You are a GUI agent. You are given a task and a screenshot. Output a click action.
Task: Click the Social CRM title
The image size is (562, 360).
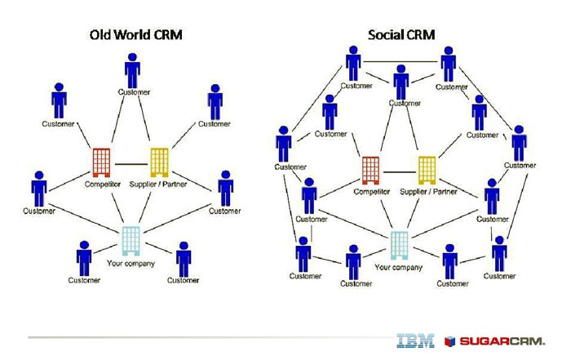pyautogui.click(x=400, y=35)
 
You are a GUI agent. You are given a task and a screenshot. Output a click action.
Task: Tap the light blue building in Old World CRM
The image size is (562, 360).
pyautogui.click(x=131, y=241)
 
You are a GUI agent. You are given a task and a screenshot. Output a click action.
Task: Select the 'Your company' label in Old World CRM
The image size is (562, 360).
pyautogui.click(x=131, y=263)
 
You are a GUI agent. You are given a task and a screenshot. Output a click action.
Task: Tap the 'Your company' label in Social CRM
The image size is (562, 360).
pyautogui.click(x=398, y=267)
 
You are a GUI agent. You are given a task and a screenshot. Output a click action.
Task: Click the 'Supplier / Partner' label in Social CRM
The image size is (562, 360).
pyautogui.click(x=427, y=192)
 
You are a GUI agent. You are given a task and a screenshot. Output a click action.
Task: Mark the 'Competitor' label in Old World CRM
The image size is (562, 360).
pyautogui.click(x=102, y=184)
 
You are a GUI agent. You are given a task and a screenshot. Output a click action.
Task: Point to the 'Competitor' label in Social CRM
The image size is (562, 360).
pyautogui.click(x=372, y=192)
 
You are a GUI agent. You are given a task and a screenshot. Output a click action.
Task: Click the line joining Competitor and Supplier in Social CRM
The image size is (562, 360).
pyautogui.click(x=400, y=171)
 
